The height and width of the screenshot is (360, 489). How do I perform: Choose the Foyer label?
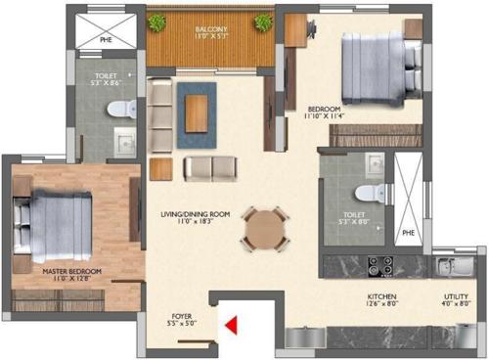(181, 315)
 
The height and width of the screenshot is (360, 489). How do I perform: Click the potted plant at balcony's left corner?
(156, 22)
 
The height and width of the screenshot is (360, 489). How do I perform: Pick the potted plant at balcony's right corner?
(263, 22)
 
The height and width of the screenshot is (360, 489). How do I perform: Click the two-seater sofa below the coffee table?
(210, 168)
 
